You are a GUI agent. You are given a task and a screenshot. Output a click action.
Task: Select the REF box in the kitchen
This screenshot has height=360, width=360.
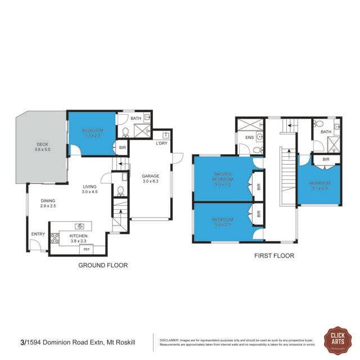tap(86, 248)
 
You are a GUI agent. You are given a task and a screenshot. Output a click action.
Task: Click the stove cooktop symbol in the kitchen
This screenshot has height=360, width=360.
tap(55, 238)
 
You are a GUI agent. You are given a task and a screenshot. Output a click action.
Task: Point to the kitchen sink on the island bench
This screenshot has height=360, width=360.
tap(79, 226)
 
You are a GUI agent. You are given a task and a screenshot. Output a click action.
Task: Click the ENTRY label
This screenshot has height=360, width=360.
tap(38, 234)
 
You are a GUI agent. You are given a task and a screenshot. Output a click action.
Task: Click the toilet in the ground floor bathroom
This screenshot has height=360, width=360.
tap(125, 133)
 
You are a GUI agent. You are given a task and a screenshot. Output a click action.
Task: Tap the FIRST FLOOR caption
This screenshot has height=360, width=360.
tap(273, 256)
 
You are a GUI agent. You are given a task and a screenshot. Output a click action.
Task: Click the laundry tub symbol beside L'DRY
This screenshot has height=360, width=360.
tap(165, 135)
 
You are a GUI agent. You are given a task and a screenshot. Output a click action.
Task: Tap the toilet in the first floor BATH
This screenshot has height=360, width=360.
tap(318, 124)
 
